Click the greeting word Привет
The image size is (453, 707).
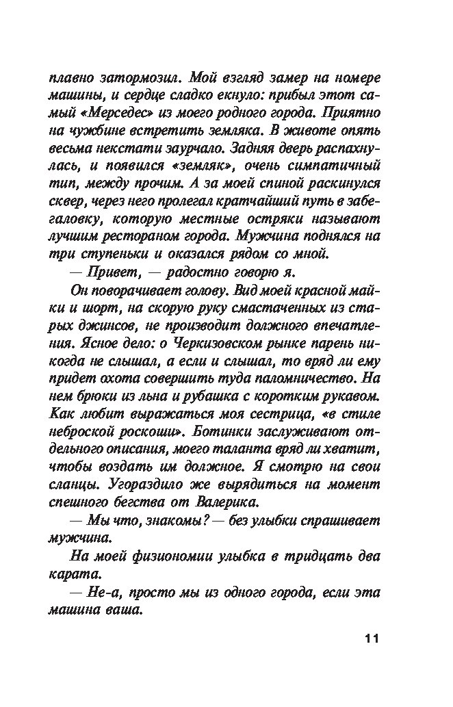(121, 272)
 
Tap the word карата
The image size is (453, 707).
(94, 574)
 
